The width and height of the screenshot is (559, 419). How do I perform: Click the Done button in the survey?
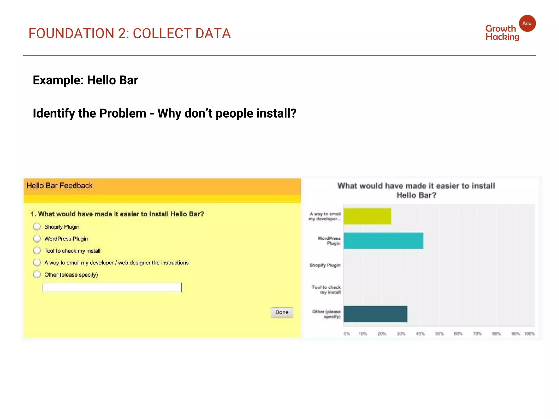[x=282, y=312]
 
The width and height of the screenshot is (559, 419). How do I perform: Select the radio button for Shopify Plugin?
[x=37, y=227]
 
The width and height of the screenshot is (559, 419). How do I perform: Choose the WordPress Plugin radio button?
[x=37, y=239]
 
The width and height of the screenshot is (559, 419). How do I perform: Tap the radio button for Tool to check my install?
[x=37, y=250]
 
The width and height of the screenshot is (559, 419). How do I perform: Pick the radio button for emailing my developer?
[x=37, y=262]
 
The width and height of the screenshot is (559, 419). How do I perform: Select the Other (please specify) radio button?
[x=37, y=274]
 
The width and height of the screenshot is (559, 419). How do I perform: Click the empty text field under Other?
[x=112, y=287]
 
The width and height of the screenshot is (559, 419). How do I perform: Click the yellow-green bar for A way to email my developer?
[x=367, y=216]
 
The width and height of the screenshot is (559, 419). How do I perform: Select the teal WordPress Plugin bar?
[x=383, y=241]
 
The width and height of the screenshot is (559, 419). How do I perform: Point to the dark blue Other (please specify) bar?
[x=375, y=314]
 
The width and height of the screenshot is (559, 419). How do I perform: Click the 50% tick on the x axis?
[x=439, y=334]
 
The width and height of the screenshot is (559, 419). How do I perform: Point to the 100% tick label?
[x=530, y=334]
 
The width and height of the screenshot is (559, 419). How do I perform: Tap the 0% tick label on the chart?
[x=347, y=334]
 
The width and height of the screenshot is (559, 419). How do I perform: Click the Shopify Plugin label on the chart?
[x=325, y=265]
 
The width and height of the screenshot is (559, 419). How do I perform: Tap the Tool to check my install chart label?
[x=326, y=290]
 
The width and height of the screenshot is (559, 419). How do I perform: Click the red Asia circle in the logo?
[x=527, y=23]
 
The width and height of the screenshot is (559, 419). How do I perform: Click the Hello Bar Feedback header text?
[x=60, y=186]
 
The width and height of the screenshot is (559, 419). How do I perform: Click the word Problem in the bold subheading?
[x=123, y=113]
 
